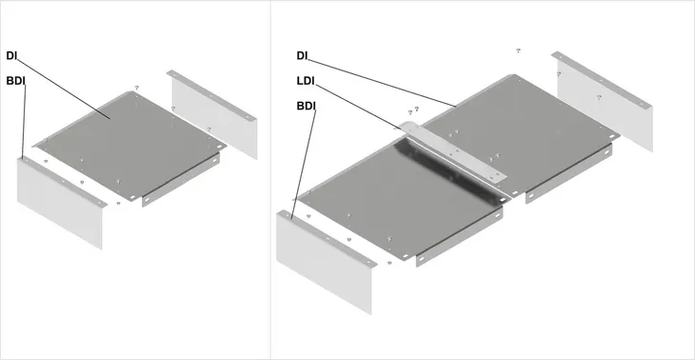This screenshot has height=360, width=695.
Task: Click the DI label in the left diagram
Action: click(11, 56)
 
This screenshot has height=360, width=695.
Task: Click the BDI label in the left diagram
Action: click(15, 81)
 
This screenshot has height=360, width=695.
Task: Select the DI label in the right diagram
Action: click(302, 56)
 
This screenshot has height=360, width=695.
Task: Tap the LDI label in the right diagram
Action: click(306, 81)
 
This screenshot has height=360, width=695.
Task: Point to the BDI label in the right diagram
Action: click(306, 107)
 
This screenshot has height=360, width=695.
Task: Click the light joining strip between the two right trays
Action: click(452, 150)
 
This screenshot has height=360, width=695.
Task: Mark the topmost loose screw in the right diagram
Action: click(518, 51)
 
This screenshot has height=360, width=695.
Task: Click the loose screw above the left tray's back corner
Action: click(137, 88)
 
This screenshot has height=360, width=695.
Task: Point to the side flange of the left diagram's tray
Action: click(181, 180)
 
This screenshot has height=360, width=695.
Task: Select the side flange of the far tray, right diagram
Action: click(568, 173)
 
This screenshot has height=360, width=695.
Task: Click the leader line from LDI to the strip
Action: click(359, 107)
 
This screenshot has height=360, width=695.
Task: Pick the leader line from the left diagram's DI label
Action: click(64, 89)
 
